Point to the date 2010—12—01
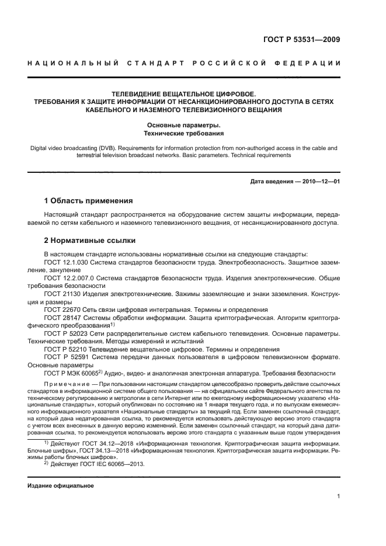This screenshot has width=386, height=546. click(x=320, y=182)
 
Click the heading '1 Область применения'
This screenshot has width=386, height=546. click(x=89, y=201)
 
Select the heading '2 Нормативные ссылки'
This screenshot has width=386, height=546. click(x=91, y=240)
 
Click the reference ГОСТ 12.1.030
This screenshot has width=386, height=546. click(x=64, y=263)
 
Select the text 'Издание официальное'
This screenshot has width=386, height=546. click(x=61, y=485)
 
